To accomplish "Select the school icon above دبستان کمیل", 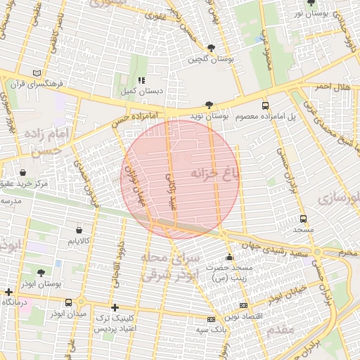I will point(141,80).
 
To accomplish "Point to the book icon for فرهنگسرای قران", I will point(37,73).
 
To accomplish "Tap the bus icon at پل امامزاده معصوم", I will point(265,105).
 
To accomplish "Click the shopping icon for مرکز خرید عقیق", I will point(24,172).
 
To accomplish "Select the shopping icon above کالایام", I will point(79,230).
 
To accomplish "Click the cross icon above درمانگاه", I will point(8,292).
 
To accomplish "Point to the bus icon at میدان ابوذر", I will point(59,303).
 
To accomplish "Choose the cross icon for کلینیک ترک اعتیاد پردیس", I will point(115,307).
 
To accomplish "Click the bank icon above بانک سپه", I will point(210,319).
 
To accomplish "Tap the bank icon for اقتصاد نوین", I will point(244,305).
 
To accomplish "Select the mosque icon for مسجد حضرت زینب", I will point(229,257).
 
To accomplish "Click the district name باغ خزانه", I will point(214,172).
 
